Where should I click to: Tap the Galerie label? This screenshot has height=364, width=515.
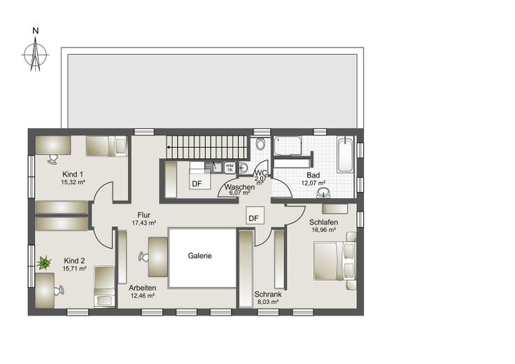pos(199,255)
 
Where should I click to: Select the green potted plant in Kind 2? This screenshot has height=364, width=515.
pos(44,262)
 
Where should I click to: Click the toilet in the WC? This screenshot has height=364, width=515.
pos(260,144)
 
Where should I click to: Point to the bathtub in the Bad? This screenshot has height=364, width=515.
pos(345,155)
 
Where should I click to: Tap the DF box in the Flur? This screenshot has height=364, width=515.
pos(255,216)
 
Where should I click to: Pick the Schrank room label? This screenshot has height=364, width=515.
pos(268,295)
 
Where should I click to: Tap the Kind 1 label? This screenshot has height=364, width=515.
pos(73,174)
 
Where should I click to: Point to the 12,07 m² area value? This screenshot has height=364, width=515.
pos(313,183)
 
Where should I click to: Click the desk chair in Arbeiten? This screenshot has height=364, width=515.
pos(143,257)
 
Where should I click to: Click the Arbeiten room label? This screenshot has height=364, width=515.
pos(143,288)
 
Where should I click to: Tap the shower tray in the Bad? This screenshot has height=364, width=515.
pos(288,145)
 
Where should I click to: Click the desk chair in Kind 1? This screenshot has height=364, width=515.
pos(52,159)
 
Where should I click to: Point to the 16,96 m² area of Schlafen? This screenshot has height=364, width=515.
pos(323,230)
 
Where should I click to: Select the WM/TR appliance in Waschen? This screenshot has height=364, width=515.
pos(230,167)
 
